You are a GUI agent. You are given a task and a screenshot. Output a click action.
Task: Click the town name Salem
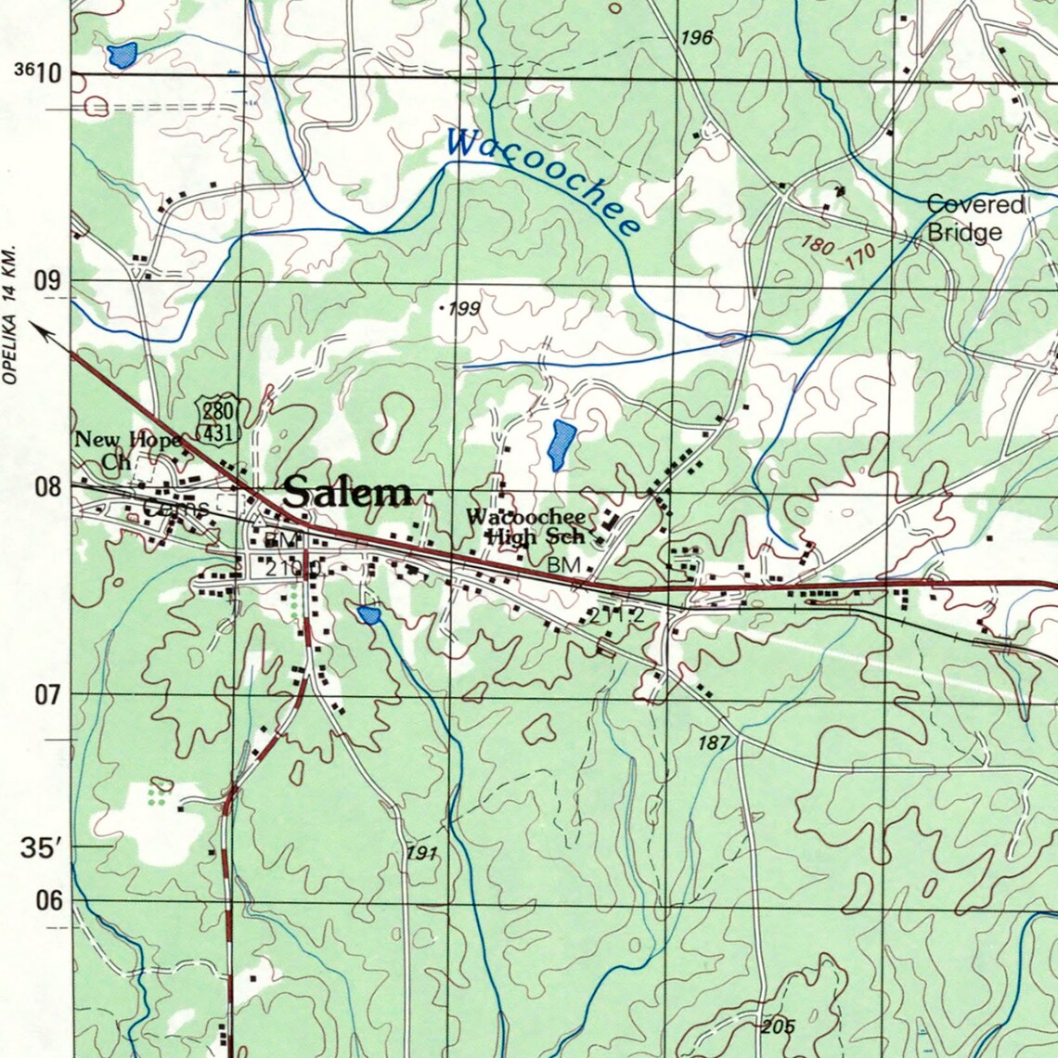pos(348,492)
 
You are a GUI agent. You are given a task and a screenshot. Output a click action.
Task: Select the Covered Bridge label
pos(974,218)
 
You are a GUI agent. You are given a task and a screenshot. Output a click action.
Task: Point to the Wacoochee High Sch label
pos(526,526)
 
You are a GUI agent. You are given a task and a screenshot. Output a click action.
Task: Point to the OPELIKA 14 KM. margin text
pos(11,316)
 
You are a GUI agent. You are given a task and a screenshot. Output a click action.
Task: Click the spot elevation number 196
pos(696,38)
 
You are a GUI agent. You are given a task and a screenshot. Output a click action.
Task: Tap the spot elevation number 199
pos(463,308)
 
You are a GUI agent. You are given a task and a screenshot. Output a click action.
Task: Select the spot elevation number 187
pos(714,742)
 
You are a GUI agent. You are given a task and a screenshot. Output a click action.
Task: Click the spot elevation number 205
pos(778,1026)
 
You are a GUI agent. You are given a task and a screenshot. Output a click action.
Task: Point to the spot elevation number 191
pos(420,853)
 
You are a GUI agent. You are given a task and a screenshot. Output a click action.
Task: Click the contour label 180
pos(817,246)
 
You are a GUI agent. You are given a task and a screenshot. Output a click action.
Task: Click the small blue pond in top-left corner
pos(122,55)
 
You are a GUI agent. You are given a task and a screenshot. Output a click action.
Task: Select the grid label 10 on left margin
pos(50,72)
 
